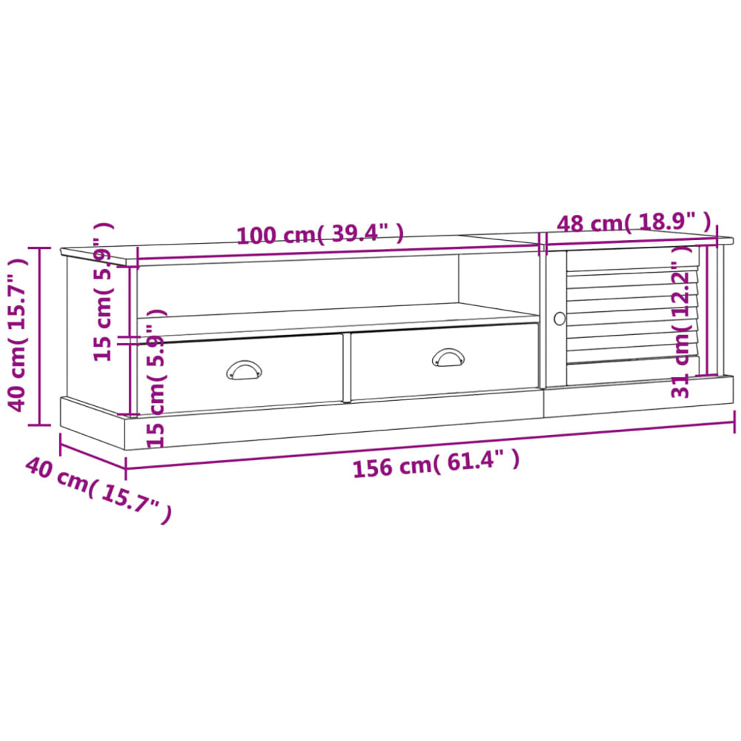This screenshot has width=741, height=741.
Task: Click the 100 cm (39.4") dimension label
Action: tap(320, 234)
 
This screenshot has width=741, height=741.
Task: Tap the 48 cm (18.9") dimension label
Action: tap(634, 222)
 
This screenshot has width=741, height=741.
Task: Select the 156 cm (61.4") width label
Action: tap(436, 464)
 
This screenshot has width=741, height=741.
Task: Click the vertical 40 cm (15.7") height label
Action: tap(17, 335)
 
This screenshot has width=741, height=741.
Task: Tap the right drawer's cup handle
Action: tap(448, 357)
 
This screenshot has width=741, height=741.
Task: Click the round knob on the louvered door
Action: tap(559, 319)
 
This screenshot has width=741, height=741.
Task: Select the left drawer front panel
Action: tap(240, 373)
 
